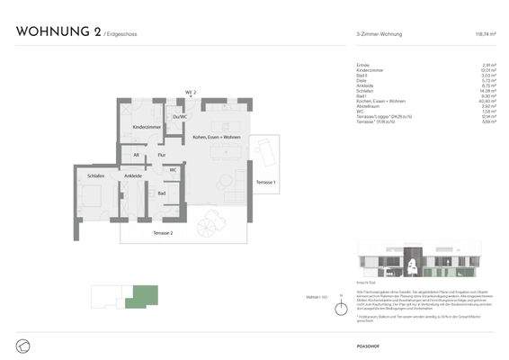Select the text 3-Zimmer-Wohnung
[x=379, y=34]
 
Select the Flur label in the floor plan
[x=162, y=156]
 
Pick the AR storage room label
[x=136, y=156]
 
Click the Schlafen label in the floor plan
[x=97, y=175]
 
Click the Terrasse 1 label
[x=266, y=183]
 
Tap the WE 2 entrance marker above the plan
[x=191, y=92]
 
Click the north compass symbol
[x=341, y=310]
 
